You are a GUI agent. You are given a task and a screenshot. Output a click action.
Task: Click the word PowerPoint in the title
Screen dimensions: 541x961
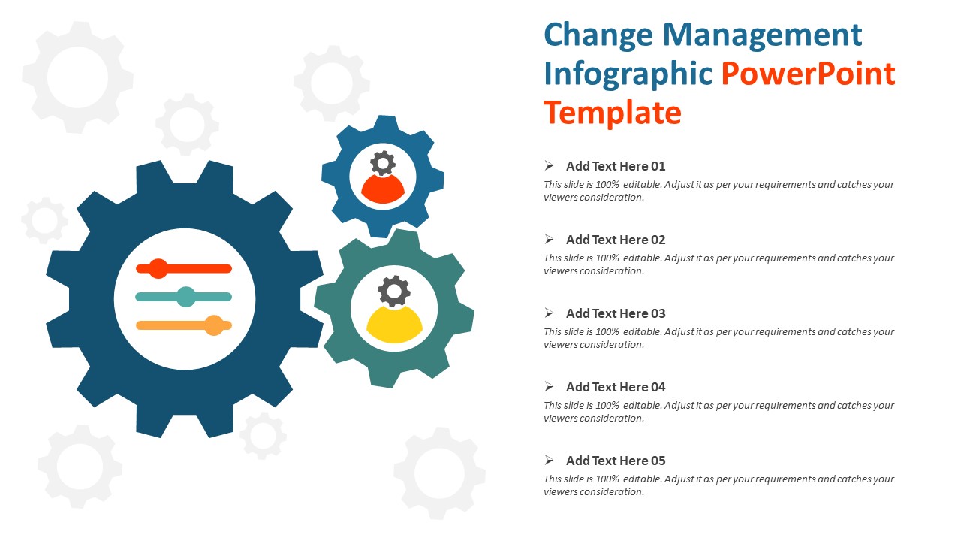click(808, 74)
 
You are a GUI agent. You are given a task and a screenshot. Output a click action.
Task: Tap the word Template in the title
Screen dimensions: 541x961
click(612, 113)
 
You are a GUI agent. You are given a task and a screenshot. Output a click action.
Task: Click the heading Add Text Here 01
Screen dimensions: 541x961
click(616, 166)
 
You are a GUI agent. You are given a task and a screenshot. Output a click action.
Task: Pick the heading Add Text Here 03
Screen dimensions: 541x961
click(616, 313)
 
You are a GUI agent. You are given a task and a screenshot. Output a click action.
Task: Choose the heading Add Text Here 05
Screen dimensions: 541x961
click(616, 461)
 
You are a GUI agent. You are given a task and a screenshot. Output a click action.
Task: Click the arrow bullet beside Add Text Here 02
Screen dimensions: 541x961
click(550, 240)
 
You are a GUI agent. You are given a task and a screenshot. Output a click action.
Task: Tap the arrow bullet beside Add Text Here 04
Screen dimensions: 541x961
click(550, 387)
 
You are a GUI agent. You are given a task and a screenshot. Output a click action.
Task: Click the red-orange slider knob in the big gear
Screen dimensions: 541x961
click(158, 268)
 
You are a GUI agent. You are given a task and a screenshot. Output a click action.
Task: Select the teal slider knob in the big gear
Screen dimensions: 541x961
click(186, 297)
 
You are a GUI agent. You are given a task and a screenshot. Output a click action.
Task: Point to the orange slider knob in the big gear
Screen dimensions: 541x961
click(215, 325)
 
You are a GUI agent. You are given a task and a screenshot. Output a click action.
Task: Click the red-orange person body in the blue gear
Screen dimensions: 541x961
click(383, 190)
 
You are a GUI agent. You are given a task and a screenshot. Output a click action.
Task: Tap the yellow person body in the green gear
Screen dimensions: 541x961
click(394, 325)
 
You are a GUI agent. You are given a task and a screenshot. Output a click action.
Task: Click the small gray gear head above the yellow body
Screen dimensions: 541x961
click(394, 290)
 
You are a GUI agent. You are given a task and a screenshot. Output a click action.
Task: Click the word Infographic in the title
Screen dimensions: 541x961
click(628, 74)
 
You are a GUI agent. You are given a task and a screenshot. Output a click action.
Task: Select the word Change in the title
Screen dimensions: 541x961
click(598, 35)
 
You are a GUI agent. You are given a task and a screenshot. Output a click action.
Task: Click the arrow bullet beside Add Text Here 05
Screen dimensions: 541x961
click(550, 461)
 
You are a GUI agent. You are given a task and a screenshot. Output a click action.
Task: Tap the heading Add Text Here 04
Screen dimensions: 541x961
click(616, 387)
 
